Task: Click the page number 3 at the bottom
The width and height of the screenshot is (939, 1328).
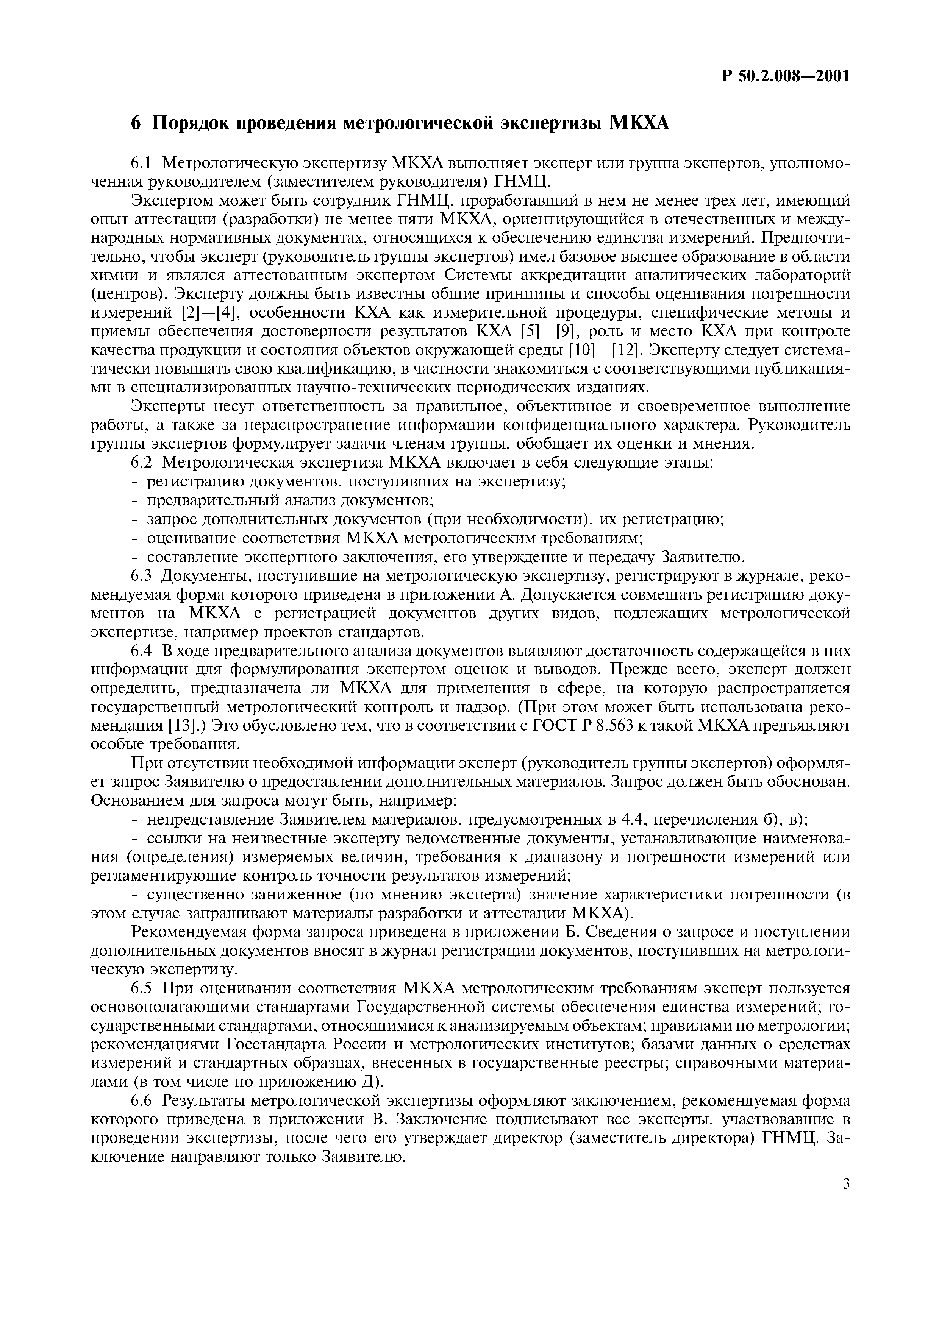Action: [x=846, y=1201]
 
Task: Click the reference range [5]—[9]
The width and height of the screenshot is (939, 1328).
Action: [x=545, y=331]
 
